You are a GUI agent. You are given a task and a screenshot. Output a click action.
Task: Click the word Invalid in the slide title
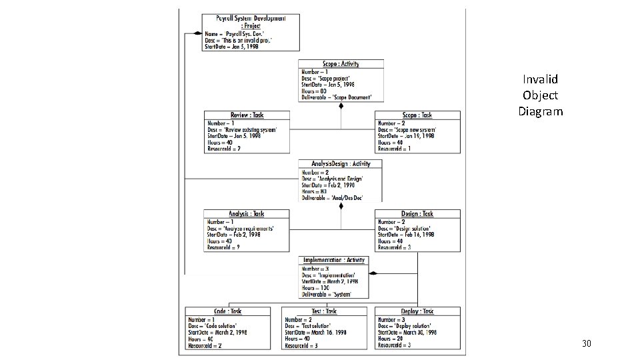[x=541, y=79]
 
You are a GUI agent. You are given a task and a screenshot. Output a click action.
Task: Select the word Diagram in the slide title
[x=541, y=111]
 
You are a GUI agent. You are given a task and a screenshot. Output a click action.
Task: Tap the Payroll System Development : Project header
[x=251, y=21]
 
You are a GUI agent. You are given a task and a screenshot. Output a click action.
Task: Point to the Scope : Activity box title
[x=341, y=64]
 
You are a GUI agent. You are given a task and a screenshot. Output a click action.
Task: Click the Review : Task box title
[x=247, y=115]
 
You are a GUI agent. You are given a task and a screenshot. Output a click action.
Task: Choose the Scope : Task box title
[x=417, y=115]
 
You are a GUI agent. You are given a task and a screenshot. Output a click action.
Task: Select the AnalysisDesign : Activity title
[x=341, y=164]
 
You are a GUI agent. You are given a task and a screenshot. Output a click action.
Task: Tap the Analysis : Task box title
[x=247, y=214]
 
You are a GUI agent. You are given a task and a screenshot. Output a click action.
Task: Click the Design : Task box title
[x=417, y=214]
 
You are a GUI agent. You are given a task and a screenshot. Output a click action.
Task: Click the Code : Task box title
[x=228, y=311]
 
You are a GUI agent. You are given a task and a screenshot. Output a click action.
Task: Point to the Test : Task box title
[x=323, y=311]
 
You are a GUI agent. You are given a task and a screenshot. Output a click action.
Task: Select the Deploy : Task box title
[x=417, y=311]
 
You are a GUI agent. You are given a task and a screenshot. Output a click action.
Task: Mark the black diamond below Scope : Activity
[x=341, y=105]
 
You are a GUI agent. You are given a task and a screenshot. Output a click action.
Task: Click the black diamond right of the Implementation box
[x=373, y=273]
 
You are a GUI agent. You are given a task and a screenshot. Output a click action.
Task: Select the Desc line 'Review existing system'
[x=248, y=129]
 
